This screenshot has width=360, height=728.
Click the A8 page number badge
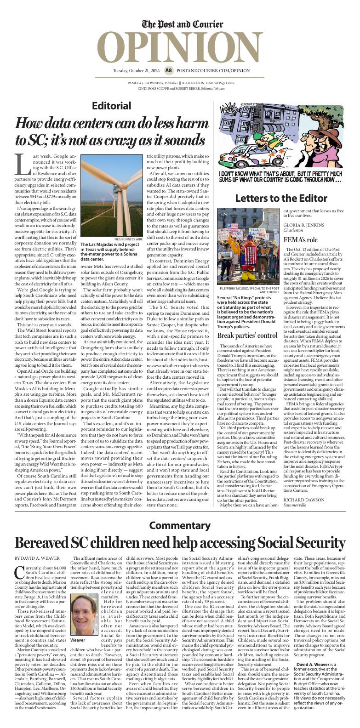click(168, 70)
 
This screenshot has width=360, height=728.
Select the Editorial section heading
click(111, 106)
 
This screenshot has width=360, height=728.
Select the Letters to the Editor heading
click(281, 198)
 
